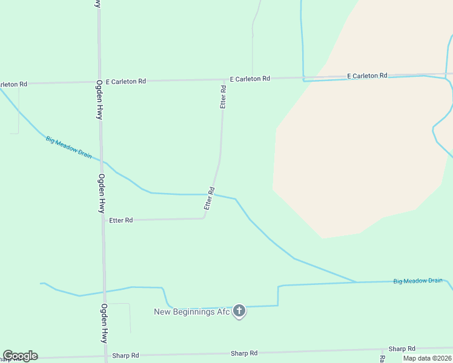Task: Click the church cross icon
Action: (239, 312)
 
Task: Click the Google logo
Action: (20, 356)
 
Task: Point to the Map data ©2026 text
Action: (427, 358)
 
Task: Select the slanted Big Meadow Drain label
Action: (68, 147)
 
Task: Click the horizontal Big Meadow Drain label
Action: (418, 281)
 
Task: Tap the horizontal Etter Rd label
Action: (121, 220)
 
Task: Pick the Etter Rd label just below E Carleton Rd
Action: (223, 97)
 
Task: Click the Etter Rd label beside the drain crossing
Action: (210, 198)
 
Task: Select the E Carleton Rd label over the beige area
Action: (367, 76)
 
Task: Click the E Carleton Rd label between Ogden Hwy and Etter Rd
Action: (125, 81)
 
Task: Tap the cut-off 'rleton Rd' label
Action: (13, 84)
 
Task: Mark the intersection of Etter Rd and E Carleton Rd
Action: (224, 80)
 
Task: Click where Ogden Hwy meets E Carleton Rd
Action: (99, 82)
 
